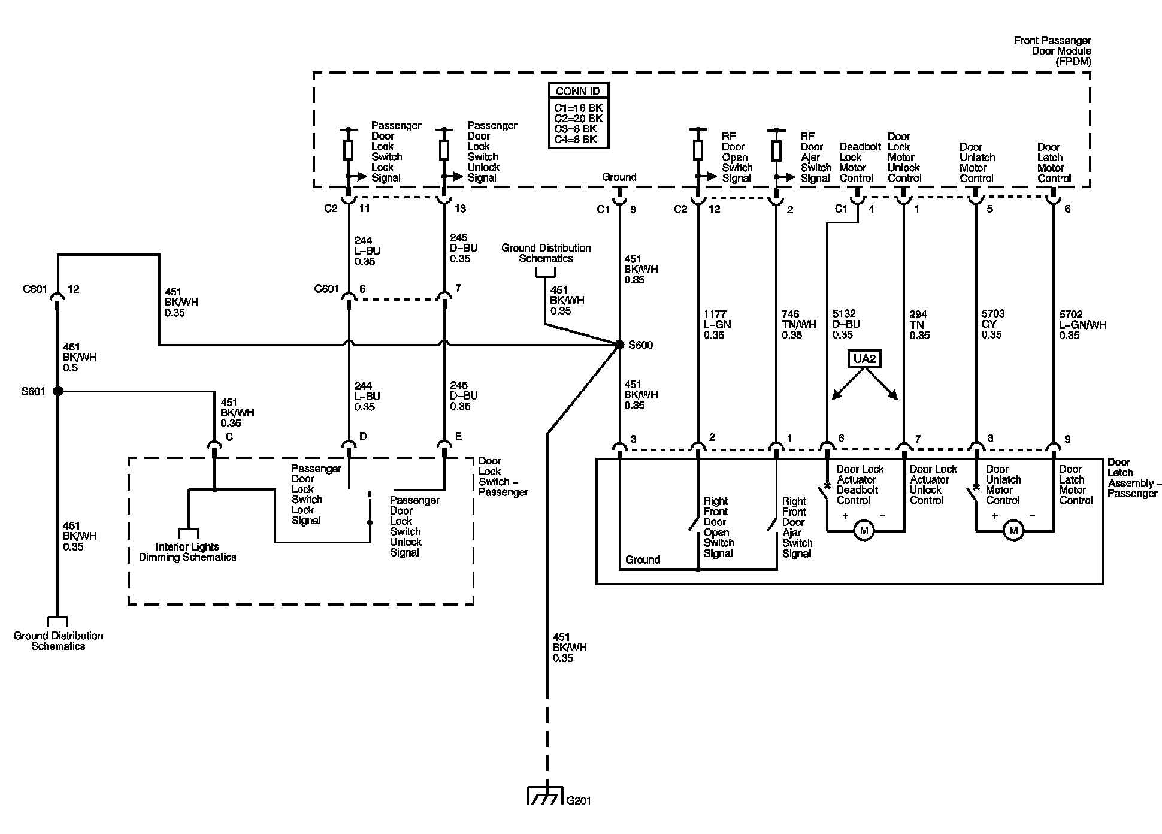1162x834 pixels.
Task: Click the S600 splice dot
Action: [619, 345]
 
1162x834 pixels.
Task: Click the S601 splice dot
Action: [58, 391]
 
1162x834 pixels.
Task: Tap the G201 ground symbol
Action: [545, 795]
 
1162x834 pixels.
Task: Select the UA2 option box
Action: [864, 359]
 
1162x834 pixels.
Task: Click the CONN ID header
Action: [578, 91]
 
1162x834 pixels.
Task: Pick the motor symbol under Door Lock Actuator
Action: [864, 531]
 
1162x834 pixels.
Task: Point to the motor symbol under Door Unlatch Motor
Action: [1013, 531]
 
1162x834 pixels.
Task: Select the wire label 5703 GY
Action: [992, 324]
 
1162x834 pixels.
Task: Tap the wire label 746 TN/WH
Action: [798, 324]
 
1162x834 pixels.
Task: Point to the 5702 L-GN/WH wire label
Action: [1082, 324]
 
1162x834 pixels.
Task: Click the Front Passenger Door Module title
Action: [1052, 51]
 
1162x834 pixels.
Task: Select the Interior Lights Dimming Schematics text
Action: [187, 552]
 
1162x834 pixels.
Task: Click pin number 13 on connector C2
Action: [460, 208]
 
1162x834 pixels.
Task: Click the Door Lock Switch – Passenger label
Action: [503, 477]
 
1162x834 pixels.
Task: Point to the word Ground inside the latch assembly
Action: [643, 560]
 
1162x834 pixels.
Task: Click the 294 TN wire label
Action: [919, 325]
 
